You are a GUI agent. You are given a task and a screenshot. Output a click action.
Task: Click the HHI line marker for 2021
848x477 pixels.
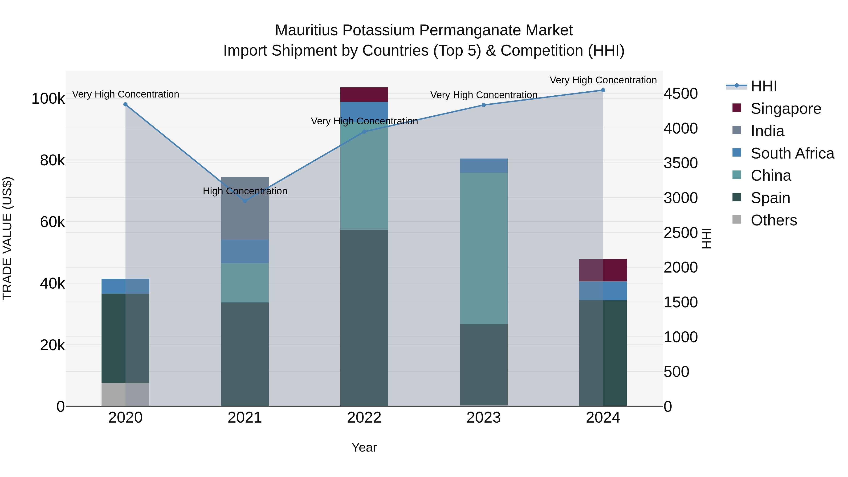245,201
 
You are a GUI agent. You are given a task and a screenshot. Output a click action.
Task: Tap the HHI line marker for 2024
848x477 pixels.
603,90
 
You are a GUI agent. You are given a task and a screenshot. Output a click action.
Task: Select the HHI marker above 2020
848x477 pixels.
125,105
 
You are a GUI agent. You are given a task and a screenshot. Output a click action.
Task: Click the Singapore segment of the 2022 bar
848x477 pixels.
364,94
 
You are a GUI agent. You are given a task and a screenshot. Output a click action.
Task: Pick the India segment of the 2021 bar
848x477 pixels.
245,208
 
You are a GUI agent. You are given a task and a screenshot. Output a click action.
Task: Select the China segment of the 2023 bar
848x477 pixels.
484,248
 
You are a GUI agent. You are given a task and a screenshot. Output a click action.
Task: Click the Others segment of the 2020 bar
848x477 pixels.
125,394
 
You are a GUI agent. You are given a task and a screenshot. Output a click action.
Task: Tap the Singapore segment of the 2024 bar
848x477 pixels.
603,270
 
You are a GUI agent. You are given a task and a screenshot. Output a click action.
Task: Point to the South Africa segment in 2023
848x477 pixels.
484,166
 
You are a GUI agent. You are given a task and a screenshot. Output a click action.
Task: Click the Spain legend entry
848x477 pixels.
770,198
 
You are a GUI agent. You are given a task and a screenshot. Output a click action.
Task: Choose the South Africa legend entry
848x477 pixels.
792,153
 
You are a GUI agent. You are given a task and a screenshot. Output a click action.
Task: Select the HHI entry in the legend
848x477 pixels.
764,86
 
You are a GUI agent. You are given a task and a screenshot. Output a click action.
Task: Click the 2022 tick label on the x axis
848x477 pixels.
364,418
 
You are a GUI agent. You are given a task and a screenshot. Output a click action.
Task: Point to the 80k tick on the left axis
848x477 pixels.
52,161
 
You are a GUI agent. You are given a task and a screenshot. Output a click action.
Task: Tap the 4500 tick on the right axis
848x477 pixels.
680,94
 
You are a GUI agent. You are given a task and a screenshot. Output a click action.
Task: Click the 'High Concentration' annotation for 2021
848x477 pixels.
245,191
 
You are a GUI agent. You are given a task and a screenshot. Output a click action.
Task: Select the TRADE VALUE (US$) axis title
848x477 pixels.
7,238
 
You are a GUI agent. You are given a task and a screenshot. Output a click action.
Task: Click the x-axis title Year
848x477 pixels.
364,447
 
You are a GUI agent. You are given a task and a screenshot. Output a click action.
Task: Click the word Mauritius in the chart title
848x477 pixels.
306,30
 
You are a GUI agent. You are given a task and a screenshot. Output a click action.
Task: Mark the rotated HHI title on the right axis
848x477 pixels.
707,238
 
